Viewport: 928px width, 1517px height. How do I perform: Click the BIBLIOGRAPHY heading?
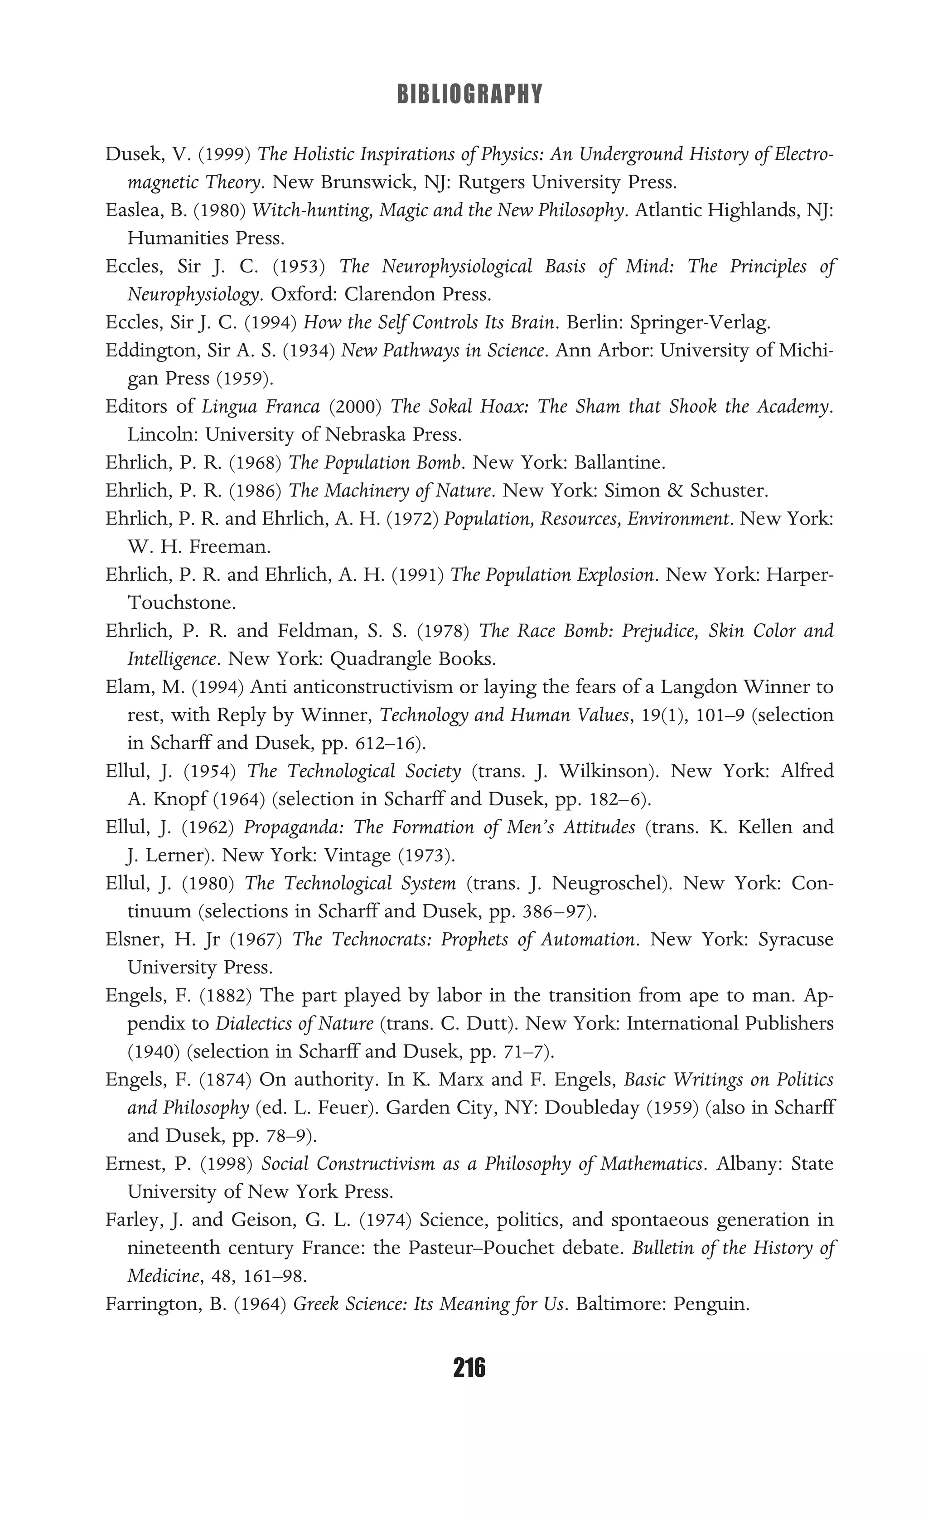click(x=469, y=94)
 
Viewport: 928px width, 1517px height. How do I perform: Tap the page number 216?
click(x=469, y=1368)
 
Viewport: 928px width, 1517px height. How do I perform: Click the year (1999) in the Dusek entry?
click(x=224, y=154)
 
